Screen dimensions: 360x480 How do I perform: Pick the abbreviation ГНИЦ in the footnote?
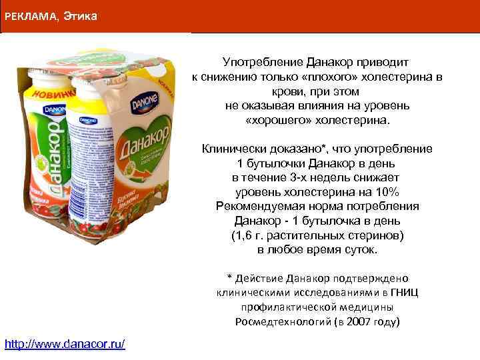(x=406, y=292)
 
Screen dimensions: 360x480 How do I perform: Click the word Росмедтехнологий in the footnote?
(x=277, y=321)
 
